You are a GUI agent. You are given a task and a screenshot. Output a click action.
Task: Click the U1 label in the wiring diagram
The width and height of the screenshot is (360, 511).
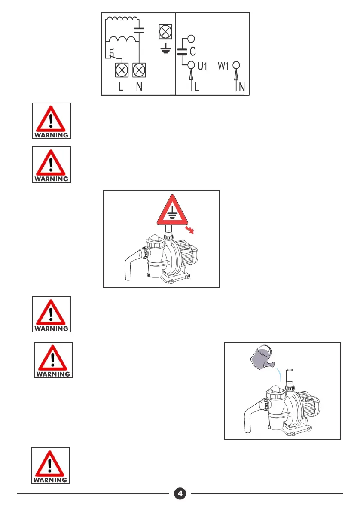202,66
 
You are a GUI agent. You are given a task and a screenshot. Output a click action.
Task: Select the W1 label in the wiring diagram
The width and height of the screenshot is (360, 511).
223,66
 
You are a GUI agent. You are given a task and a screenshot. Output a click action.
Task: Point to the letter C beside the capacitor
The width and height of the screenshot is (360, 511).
193,51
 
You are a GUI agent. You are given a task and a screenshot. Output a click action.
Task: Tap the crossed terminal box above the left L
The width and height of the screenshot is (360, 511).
122,70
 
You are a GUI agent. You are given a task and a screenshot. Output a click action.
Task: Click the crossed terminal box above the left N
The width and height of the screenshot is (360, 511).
139,70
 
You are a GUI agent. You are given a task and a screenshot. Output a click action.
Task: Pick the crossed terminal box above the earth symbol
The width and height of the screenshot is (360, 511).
165,32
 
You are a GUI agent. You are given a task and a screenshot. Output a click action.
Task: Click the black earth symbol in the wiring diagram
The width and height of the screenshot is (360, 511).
166,48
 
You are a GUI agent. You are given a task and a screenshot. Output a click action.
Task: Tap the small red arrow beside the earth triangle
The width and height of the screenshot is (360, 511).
189,230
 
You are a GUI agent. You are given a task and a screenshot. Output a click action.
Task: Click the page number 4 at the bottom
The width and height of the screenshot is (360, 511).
180,493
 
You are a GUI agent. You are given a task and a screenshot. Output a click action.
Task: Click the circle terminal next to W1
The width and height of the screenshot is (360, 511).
236,65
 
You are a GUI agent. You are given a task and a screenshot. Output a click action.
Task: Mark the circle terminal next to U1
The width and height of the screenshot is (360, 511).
191,65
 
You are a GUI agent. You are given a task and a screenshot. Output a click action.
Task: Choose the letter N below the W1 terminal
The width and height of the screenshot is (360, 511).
241,87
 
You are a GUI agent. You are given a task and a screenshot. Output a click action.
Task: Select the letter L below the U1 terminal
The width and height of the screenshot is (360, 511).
197,87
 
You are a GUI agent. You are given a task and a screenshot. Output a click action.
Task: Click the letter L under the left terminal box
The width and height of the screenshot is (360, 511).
121,86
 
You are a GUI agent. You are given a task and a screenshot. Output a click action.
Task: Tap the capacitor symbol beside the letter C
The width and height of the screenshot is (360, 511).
182,52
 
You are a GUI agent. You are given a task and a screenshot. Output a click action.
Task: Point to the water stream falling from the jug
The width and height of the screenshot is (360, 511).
278,374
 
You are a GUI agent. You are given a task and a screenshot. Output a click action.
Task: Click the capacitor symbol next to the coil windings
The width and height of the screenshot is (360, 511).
139,30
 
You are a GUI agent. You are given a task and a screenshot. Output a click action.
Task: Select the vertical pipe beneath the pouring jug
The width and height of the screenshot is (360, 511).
290,377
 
